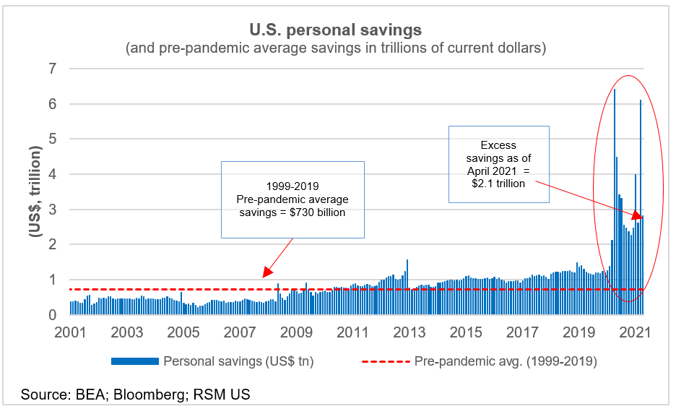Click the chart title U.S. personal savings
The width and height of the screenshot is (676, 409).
click(336, 30)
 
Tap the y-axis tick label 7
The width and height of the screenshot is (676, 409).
click(53, 69)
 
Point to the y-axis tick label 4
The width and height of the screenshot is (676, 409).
click(53, 174)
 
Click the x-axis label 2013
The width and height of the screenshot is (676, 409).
click(409, 333)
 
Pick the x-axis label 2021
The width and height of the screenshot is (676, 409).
click(636, 333)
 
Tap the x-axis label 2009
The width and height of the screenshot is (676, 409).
click(297, 333)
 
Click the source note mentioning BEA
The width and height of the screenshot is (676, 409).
click(135, 395)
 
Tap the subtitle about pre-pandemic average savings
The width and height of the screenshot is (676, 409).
click(335, 48)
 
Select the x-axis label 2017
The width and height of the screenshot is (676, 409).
click(523, 333)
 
